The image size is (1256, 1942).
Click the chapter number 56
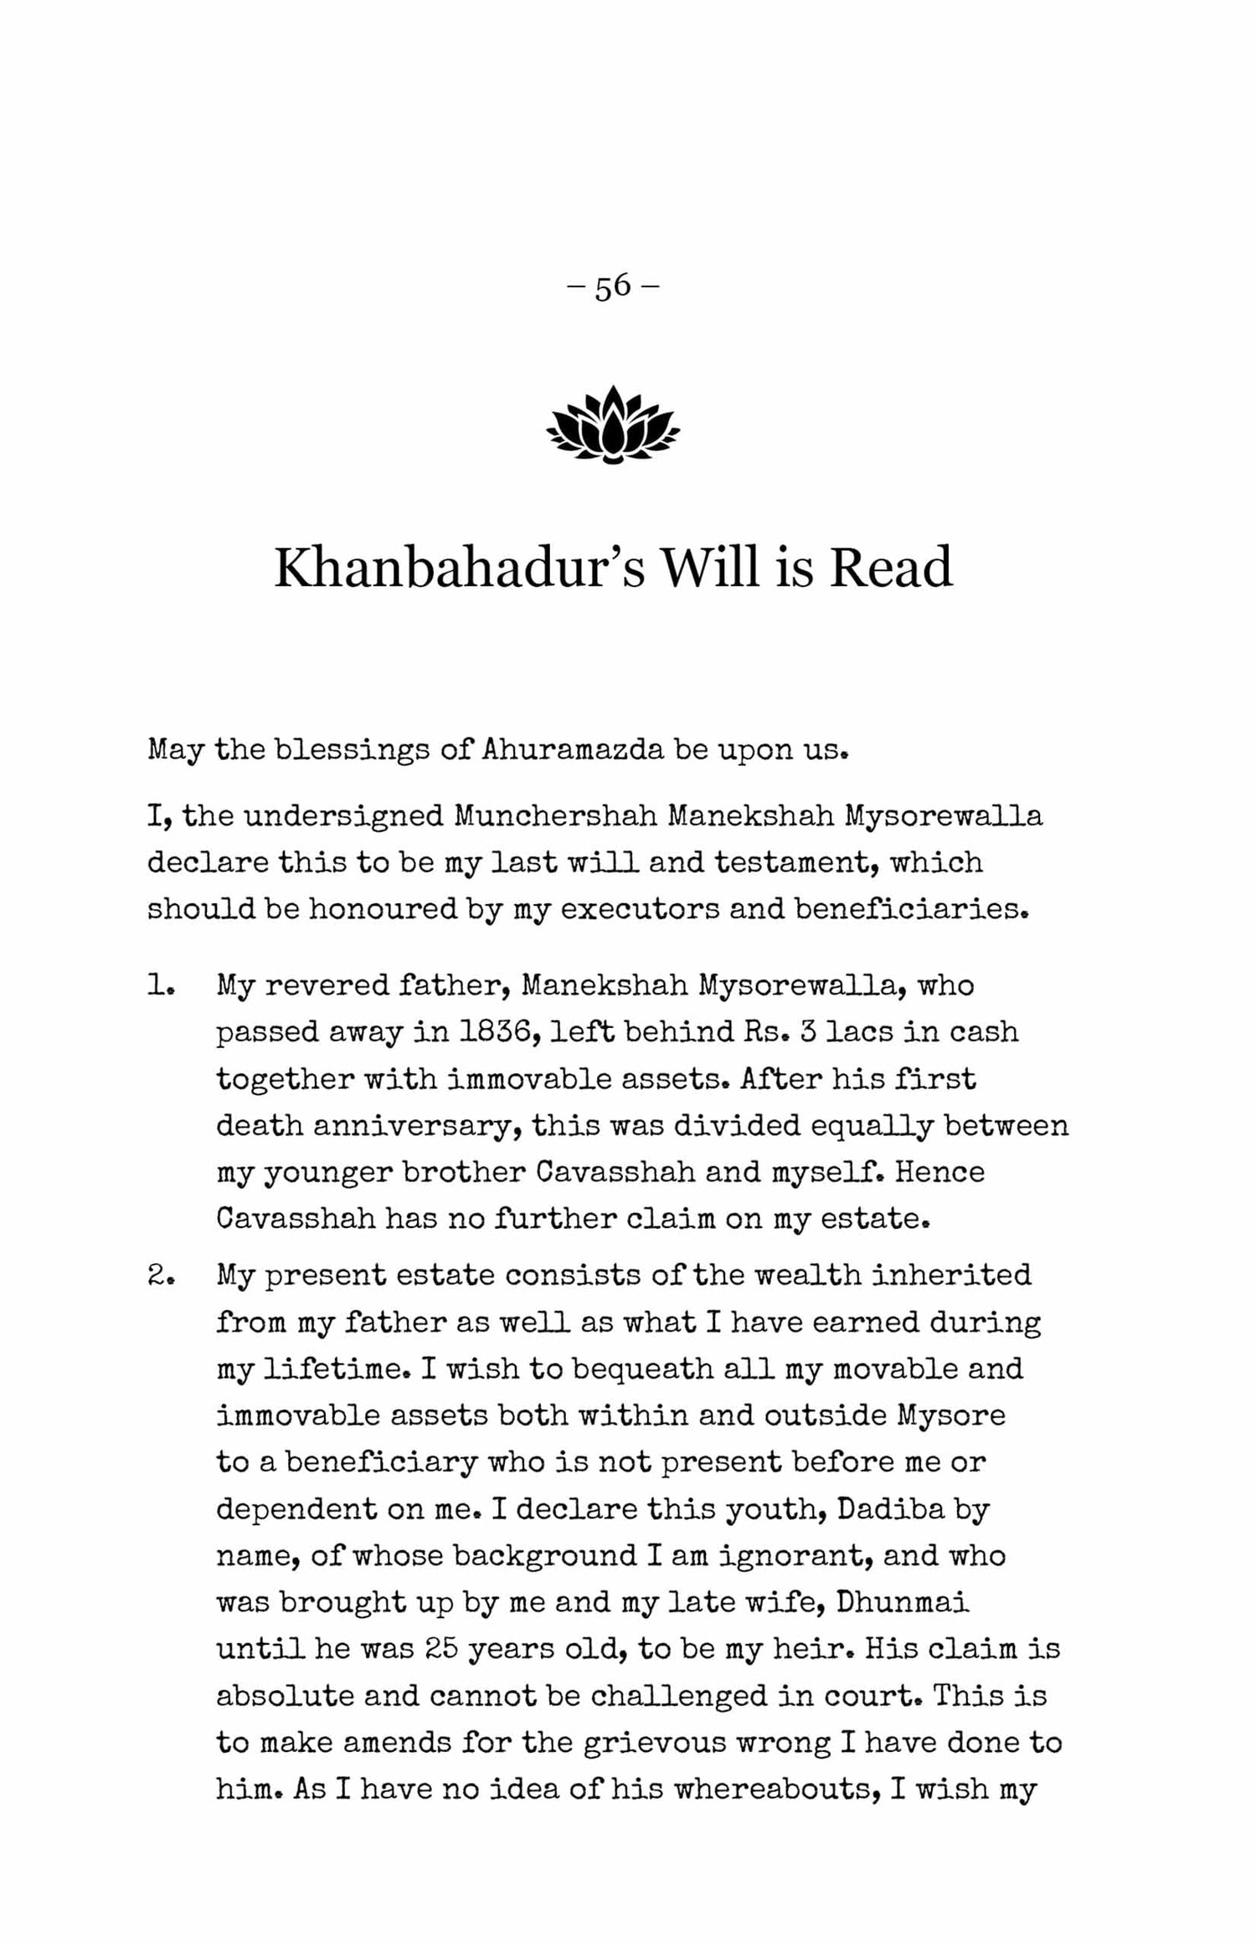click(x=613, y=286)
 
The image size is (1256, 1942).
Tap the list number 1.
click(x=160, y=985)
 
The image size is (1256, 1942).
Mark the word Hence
click(x=939, y=1172)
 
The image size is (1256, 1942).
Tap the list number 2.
click(x=160, y=1275)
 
